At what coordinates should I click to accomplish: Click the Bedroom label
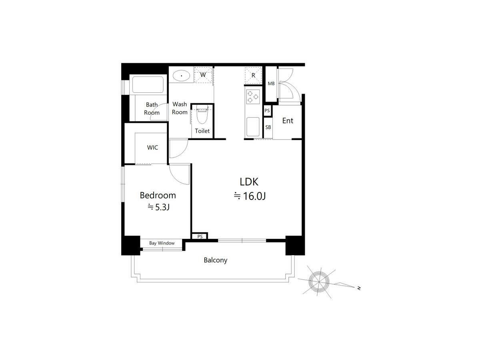158,196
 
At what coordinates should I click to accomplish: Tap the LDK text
249,182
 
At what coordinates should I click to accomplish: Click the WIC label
152,148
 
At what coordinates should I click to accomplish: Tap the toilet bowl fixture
202,114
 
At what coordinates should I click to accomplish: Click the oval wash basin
181,76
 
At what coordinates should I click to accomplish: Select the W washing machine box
203,75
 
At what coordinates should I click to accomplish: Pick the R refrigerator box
253,76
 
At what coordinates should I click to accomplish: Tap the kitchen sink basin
253,127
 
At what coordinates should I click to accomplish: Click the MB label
271,84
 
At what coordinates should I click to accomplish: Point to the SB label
268,127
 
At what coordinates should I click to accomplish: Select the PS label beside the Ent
267,111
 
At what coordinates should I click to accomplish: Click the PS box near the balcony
200,236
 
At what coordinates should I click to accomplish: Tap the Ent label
288,121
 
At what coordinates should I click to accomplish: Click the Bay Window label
162,243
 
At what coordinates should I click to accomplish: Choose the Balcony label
215,260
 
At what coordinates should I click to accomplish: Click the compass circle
319,282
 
